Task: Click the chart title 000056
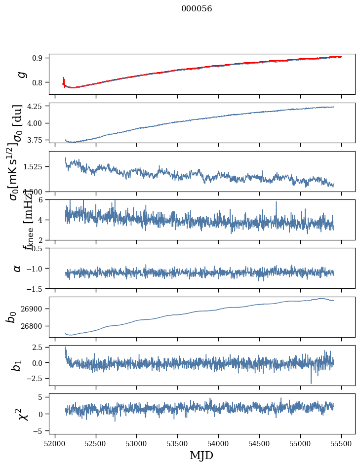pyautogui.click(x=197, y=8)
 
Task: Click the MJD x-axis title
pyautogui.click(x=201, y=455)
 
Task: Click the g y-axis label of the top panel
pyautogui.click(x=20, y=74)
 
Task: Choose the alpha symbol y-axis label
pyautogui.click(x=18, y=268)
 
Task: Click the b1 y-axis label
pyautogui.click(x=17, y=365)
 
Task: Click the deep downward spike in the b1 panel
pyautogui.click(x=311, y=382)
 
